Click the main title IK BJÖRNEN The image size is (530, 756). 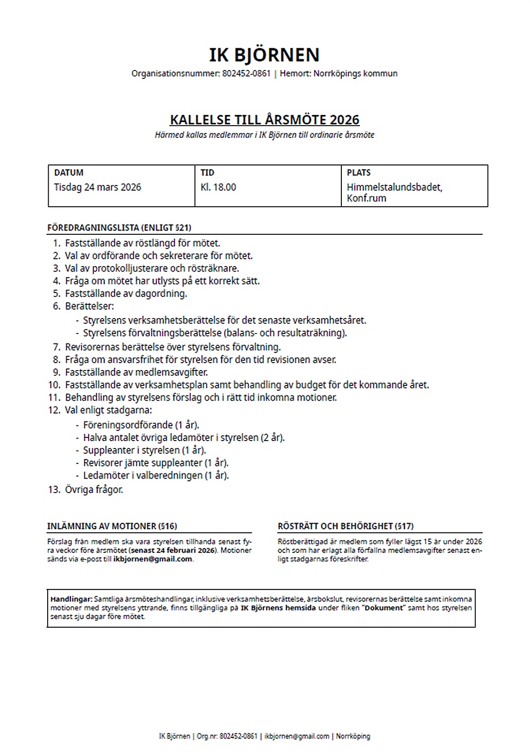(264, 55)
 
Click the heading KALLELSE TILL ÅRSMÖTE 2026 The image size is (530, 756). (264, 120)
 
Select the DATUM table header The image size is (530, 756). (69, 173)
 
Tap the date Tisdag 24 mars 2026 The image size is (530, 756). (98, 187)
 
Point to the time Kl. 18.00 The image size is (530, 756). (218, 187)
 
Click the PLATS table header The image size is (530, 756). (359, 173)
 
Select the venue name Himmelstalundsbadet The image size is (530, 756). (394, 187)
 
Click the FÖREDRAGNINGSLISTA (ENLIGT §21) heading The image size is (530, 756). (119, 228)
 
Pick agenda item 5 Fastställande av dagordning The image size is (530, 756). (126, 294)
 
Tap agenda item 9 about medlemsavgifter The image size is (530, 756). (136, 372)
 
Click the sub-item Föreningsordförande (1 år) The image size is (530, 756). (141, 425)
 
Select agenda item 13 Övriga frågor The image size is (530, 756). (94, 490)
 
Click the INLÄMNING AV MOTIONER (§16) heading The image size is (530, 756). (112, 526)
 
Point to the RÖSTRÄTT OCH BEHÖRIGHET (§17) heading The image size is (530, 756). (346, 526)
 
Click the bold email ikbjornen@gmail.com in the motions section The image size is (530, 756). (153, 559)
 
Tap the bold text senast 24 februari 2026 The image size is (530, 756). (173, 551)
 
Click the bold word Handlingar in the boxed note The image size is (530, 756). (71, 599)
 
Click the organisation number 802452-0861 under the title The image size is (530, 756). (245, 74)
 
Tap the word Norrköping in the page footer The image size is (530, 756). (353, 736)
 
